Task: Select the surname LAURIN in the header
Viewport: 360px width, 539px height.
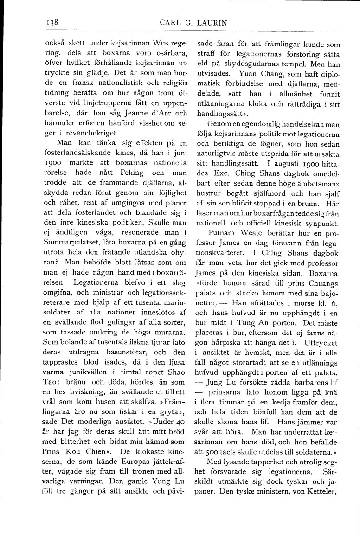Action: (208, 22)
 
